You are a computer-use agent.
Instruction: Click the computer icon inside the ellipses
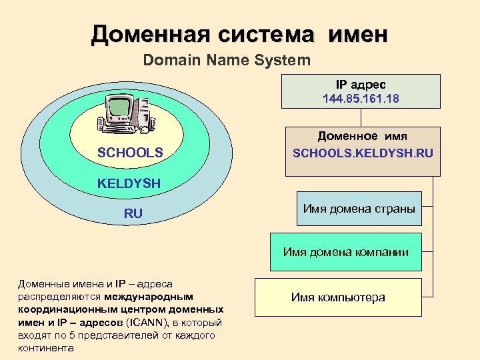pos(127,113)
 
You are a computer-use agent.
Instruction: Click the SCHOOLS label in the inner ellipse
pos(130,153)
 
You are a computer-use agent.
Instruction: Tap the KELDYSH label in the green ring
pos(129,183)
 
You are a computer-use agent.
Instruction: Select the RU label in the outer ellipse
pos(133,214)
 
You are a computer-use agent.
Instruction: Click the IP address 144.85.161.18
pos(361,98)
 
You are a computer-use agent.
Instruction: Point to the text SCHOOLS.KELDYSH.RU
pos(363,153)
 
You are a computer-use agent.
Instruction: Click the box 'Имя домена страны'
pos(359,209)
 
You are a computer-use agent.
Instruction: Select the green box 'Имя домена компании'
pos(346,252)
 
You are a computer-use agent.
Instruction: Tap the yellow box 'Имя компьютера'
pos(338,297)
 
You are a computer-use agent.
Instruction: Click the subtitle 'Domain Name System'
pos(227,61)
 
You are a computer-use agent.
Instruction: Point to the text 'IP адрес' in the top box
pos(361,85)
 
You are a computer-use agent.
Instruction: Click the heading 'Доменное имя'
pos(363,136)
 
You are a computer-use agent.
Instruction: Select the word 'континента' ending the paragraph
pos(47,348)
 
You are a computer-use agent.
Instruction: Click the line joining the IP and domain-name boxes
pos(361,117)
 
